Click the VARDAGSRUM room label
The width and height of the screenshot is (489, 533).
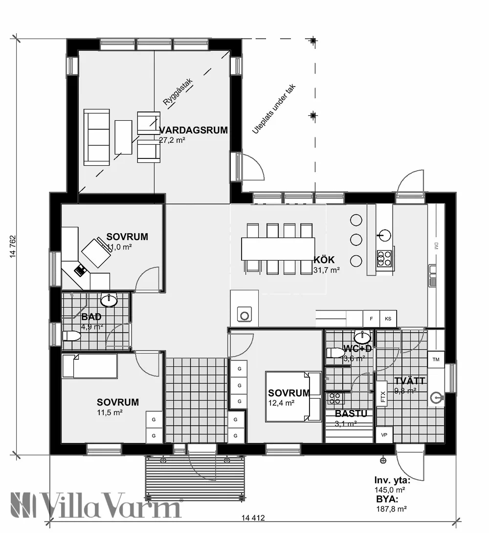[194, 130]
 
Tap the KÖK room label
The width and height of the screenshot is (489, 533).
[324, 260]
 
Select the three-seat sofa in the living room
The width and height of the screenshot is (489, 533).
[97, 137]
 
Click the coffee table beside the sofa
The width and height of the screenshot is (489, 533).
[123, 137]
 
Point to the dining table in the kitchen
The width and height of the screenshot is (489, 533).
[278, 248]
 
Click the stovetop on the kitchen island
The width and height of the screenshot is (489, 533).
[385, 258]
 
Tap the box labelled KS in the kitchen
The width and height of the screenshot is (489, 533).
[388, 319]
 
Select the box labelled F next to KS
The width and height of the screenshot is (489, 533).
[372, 319]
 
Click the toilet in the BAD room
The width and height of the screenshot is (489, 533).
[71, 336]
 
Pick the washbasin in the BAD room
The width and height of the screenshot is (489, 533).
[109, 300]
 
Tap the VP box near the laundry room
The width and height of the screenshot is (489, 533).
[384, 434]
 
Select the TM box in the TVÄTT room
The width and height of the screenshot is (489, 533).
[436, 359]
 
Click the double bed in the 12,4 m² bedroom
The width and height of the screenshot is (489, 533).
[293, 397]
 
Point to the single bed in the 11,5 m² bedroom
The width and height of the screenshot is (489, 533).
[89, 366]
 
